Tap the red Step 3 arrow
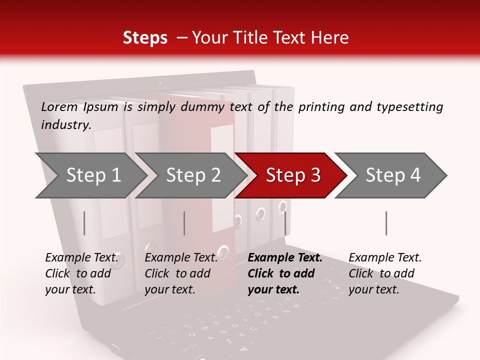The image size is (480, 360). click(293, 175)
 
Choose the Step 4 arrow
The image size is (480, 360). click(393, 175)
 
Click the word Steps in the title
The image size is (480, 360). click(145, 37)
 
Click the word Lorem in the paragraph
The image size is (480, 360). click(59, 106)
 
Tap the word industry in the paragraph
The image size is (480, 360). click(65, 124)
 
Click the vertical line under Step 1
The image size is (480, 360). click(84, 223)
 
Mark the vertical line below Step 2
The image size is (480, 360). click(184, 223)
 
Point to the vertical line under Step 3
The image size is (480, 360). click(285, 223)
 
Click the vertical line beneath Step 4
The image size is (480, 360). click(386, 223)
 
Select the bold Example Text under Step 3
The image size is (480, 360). click(285, 258)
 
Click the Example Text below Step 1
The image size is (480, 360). click(82, 258)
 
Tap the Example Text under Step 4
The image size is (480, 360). click(385, 258)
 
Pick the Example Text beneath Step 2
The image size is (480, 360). click(181, 258)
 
